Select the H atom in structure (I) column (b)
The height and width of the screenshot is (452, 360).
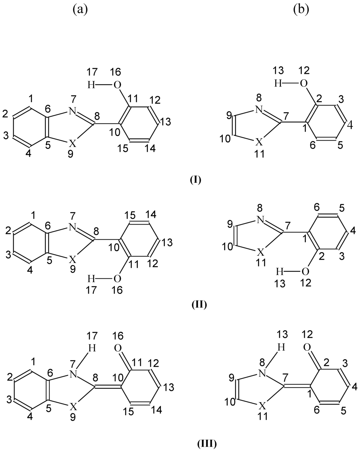pos(279,84)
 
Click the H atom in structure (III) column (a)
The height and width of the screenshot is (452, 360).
pos(92,348)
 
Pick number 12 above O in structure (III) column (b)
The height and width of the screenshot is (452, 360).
pos(307,334)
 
